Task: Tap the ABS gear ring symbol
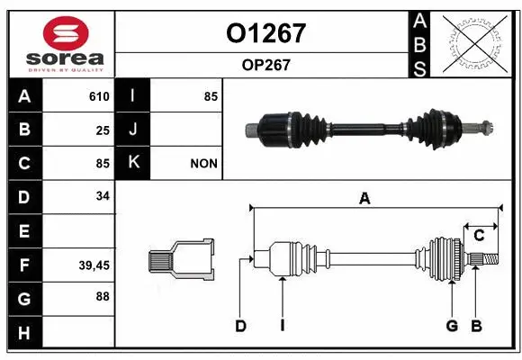pos(472,42)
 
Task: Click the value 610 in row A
pos(99,96)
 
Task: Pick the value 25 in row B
pos(103,130)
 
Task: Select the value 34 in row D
pos(103,196)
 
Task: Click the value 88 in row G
pos(103,296)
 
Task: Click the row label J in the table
pos(132,130)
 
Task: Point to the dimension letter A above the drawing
pos(364,199)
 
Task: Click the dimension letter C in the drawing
pos(479,236)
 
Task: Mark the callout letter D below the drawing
pos(240,326)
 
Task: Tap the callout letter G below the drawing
pos(452,326)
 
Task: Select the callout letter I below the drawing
pos(282,326)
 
